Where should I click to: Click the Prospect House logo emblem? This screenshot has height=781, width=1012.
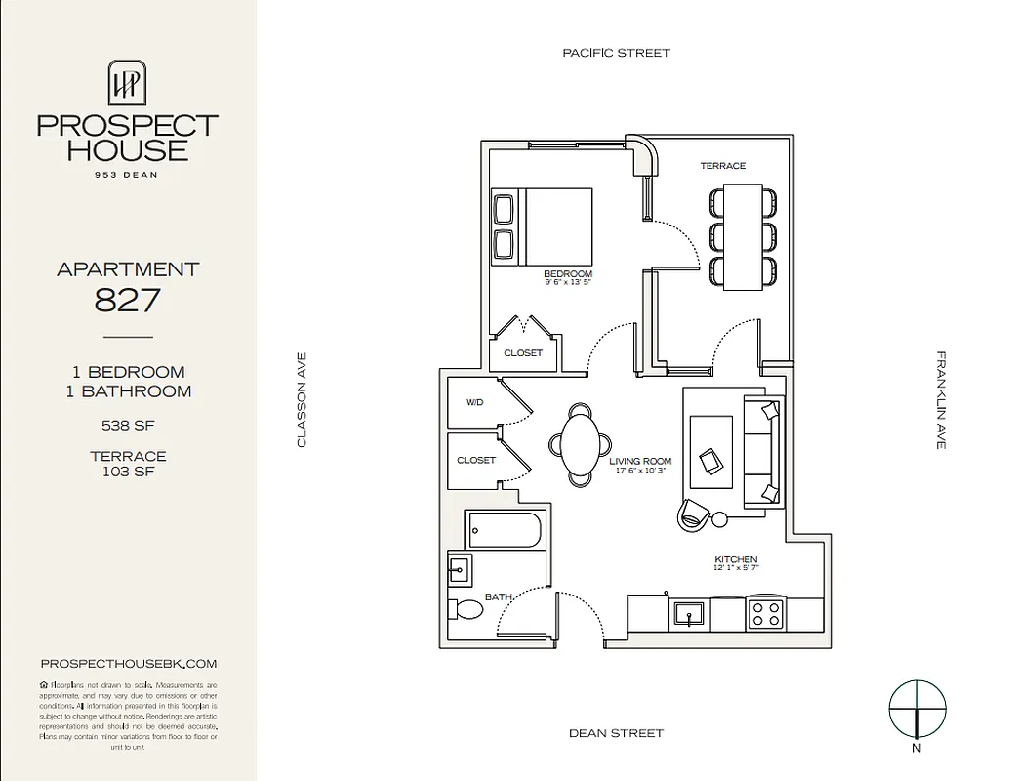(128, 82)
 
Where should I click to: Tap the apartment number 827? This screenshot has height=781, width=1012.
(128, 300)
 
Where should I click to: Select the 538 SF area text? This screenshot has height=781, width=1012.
(128, 425)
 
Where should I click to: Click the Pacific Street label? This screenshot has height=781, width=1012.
(616, 53)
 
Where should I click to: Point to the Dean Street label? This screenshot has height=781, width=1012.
(616, 732)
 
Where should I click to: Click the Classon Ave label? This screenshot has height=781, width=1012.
(302, 400)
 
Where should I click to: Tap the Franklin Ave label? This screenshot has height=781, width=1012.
(941, 400)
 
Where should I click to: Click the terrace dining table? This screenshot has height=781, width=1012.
(744, 236)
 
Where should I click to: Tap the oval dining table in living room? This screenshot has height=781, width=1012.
(580, 443)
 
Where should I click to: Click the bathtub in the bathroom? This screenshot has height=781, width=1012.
(505, 530)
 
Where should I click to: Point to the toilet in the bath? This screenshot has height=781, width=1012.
(467, 610)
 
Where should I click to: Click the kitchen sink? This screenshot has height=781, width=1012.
(690, 615)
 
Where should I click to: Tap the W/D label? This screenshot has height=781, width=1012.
(475, 401)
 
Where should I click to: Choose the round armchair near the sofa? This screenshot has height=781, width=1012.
(696, 514)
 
